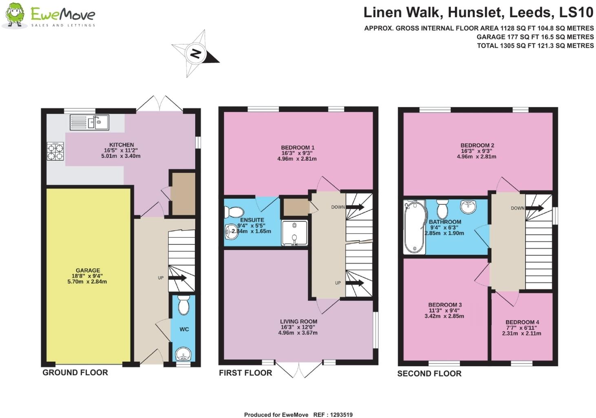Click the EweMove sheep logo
pos(15,15)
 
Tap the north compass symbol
pos(196,53)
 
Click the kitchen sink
pos(89,122)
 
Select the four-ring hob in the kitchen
pos(56,151)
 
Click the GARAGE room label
pos(88,270)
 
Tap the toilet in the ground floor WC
pos(184,305)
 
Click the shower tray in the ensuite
pos(294,233)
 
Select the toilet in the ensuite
pos(234,212)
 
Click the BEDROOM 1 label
pos(298,148)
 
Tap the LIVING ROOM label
pos(298,321)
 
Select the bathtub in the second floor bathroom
pos(414,227)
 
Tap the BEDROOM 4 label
pos(522,322)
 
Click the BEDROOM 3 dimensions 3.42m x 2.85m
pos(444,316)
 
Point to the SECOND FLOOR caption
pos(429,374)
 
